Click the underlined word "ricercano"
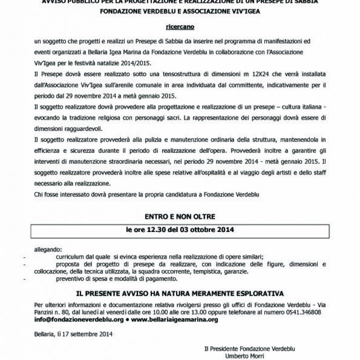[179, 23]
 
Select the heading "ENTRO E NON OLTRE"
[179, 217]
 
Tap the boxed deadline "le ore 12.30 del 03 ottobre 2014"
[179, 231]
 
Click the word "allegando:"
[48, 248]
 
